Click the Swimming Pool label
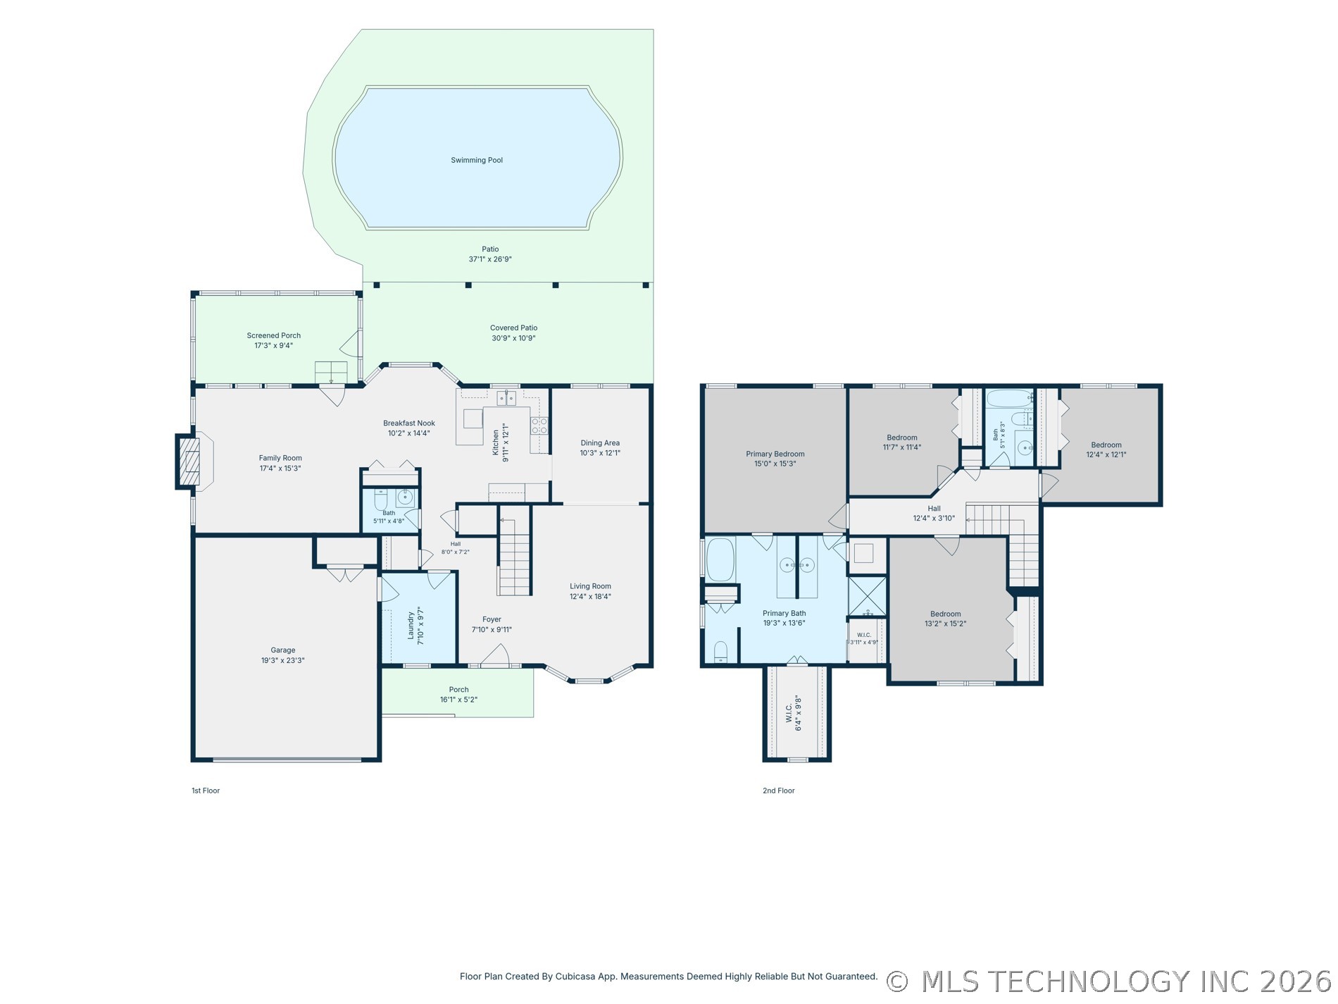tap(477, 160)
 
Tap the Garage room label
tap(283, 650)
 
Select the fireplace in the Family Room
tap(188, 461)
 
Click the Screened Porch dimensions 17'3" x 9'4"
tap(273, 345)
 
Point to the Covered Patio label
tap(513, 328)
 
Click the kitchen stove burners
tap(539, 426)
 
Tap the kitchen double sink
tap(506, 398)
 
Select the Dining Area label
tap(600, 443)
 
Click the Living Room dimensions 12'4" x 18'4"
tap(590, 596)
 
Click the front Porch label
tap(458, 690)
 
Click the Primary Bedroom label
tap(775, 454)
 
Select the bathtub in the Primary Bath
tap(720, 559)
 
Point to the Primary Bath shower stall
tap(867, 596)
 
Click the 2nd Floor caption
tap(778, 791)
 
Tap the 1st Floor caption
tap(206, 791)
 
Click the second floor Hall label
tap(934, 509)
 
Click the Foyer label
tap(492, 619)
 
